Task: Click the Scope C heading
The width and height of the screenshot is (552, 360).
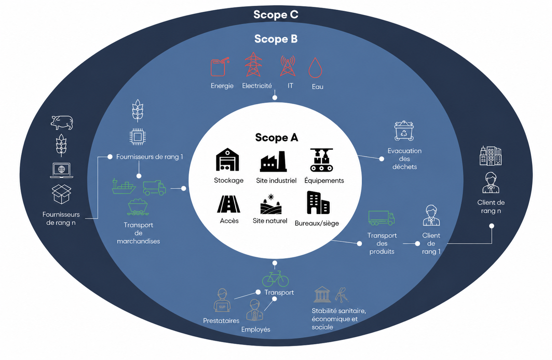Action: coord(276,15)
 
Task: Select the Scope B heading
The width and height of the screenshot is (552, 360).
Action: coord(276,39)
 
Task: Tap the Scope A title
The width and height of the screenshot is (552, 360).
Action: coord(276,138)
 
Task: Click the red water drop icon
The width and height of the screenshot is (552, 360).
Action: coord(315,68)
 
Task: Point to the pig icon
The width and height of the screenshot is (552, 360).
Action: coord(62,122)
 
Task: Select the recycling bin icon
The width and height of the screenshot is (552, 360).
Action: coord(404,130)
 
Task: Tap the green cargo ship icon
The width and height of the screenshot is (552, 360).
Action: coord(124,187)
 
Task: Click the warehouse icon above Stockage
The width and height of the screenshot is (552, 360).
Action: coord(227,159)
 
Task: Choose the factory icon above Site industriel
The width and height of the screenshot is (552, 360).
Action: coord(273,161)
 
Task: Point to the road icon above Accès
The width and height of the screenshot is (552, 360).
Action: coord(228,204)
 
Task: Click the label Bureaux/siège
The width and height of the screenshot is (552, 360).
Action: coord(317,223)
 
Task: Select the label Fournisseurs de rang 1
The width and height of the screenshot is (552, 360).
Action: coord(150,157)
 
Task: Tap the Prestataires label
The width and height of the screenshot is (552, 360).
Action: coord(221,321)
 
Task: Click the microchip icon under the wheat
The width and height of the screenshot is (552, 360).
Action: coord(138,137)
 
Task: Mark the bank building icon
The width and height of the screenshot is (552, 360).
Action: coord(322,294)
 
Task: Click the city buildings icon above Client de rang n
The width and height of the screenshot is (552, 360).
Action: coord(490,156)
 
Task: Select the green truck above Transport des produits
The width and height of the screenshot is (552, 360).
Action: coord(381,218)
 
